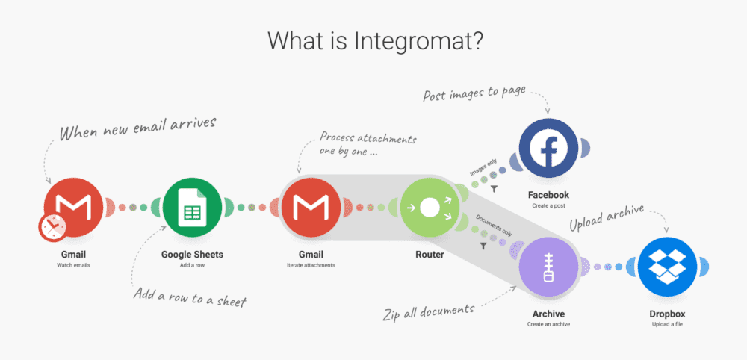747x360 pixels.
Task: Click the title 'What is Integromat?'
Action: pos(375,41)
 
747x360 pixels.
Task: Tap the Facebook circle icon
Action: pos(548,148)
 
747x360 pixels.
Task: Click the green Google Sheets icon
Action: pos(192,208)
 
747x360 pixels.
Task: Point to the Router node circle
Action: pos(430,208)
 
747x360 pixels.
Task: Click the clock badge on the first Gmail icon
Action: pos(52,228)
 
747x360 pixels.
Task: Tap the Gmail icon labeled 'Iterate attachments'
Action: pos(311,208)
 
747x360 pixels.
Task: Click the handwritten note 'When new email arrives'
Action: pos(137,127)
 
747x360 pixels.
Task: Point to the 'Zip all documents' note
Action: pos(429,312)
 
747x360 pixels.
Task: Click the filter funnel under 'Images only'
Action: pos(495,189)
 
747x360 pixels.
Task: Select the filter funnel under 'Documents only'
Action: pos(483,246)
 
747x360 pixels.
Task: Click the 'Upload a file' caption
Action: pos(667,325)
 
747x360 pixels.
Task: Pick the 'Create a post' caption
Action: pos(548,205)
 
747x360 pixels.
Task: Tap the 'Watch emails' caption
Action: pos(73,264)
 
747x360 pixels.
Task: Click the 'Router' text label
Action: pos(430,255)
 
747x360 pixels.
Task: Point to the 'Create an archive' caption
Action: pos(548,324)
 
